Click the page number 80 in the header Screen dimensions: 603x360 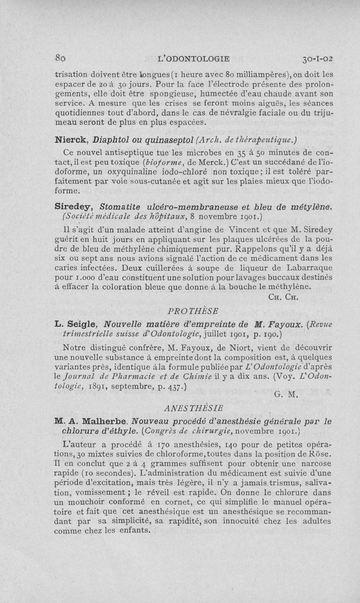[x=61, y=58]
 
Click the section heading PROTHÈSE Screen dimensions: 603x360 [x=193, y=311]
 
